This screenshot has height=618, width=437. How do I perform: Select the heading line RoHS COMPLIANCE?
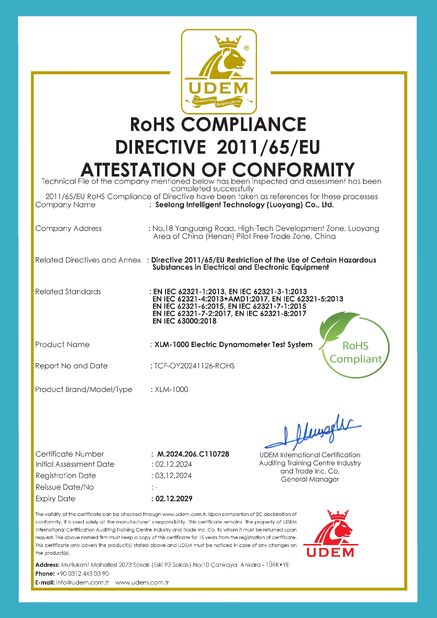218,125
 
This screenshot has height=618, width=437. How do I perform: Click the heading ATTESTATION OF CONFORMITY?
218,168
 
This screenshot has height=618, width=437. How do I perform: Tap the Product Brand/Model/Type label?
84,386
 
